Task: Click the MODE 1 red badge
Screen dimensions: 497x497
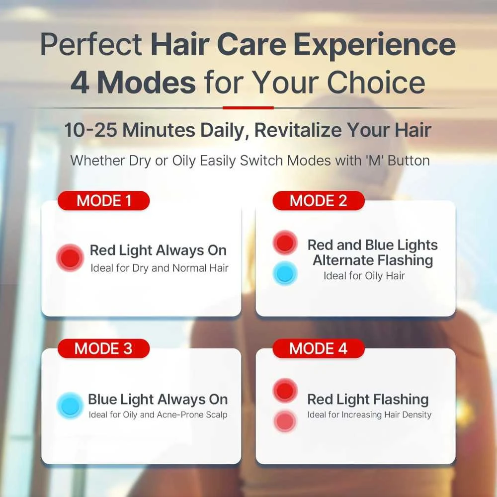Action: coord(103,201)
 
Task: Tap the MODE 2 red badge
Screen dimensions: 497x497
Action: coord(318,201)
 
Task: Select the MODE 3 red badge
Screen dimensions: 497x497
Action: coord(103,348)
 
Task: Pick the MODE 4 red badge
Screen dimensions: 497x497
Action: coord(318,348)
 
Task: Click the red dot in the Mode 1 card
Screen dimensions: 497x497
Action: coord(70,257)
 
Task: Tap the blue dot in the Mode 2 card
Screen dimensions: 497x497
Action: coord(285,274)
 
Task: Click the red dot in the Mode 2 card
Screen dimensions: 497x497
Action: coord(285,243)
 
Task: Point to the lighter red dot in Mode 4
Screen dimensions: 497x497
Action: coord(285,421)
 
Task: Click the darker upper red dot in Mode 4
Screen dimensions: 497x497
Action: coord(285,391)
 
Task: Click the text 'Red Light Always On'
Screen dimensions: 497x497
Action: coord(158,250)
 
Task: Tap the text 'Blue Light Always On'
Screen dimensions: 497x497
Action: coord(158,399)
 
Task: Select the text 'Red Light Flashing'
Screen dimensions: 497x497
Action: coord(368,399)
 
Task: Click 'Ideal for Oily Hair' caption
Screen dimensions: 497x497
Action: coord(364,276)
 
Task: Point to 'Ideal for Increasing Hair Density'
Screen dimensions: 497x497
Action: coord(369,414)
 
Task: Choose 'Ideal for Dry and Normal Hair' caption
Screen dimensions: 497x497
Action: coord(160,268)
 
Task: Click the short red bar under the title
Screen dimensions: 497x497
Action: coord(248,107)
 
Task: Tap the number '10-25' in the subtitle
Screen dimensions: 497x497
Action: coord(90,131)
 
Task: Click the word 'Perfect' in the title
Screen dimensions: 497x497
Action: coord(91,45)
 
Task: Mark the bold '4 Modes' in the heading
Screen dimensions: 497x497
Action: coord(133,83)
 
